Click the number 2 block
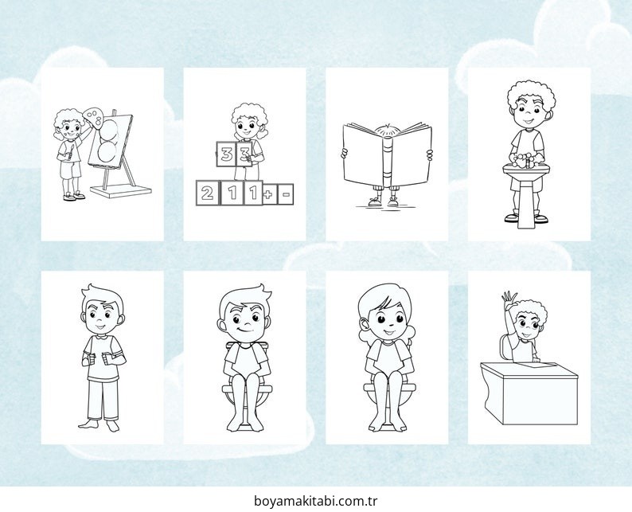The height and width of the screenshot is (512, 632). point(207,193)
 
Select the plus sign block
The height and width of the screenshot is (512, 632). point(268,194)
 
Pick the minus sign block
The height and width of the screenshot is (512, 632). point(286,194)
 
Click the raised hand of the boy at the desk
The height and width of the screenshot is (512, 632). point(509,299)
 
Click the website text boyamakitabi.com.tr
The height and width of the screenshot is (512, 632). point(315,501)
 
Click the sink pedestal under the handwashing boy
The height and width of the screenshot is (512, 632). point(525,201)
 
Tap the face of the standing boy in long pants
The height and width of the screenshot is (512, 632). point(102,315)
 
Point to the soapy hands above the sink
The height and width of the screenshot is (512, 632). point(526,160)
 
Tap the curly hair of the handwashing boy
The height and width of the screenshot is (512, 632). point(531,96)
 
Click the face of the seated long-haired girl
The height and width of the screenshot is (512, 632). point(388,321)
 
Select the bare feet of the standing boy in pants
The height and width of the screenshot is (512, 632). point(99,425)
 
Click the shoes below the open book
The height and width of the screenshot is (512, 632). point(384,201)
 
